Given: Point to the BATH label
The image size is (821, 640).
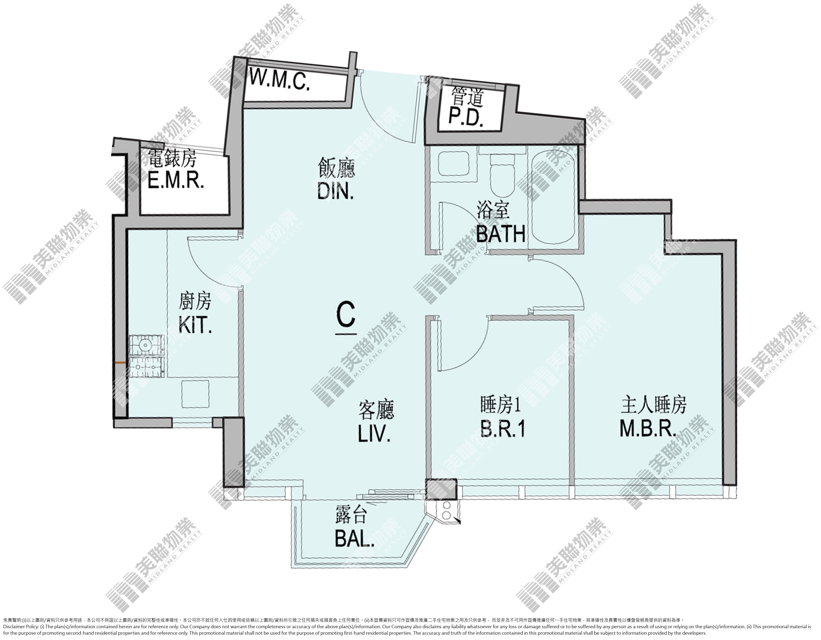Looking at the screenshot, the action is point(501,234).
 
